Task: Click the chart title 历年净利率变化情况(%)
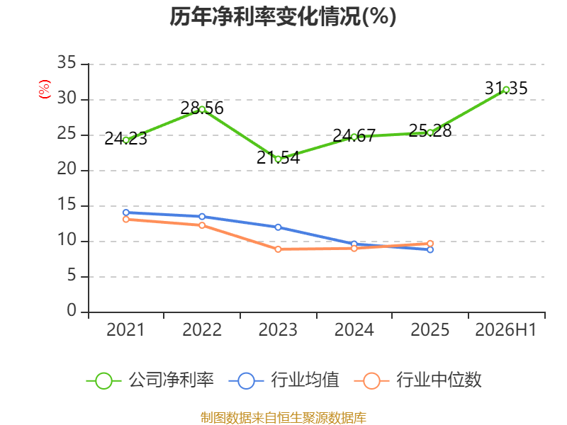point(283,17)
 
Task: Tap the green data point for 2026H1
point(506,90)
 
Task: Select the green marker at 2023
point(278,159)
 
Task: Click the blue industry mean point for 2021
point(126,212)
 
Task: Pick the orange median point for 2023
point(278,249)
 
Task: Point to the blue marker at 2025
point(430,250)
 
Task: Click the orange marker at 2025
point(430,244)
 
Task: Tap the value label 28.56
point(202,108)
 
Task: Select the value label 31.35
point(506,88)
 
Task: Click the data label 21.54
point(278,157)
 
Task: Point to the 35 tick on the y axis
point(67,63)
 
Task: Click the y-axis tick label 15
point(67,205)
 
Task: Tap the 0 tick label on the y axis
point(72,311)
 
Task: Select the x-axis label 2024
point(354,330)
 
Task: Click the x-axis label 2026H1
point(505,330)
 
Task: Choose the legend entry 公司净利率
point(150,380)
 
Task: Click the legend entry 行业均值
point(284,380)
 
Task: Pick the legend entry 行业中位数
point(417,380)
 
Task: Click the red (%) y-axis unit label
point(45,89)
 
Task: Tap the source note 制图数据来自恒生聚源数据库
point(283,417)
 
